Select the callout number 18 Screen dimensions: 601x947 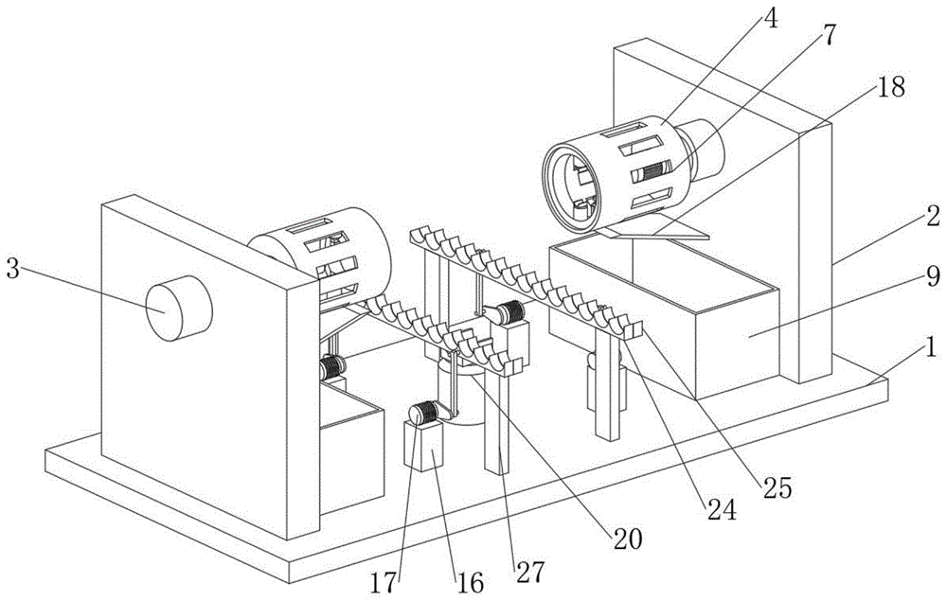[891, 87]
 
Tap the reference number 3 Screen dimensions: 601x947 [12, 268]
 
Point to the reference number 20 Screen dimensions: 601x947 [627, 539]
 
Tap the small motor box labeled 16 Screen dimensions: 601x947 [422, 446]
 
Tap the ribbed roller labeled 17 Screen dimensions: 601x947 [422, 413]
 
